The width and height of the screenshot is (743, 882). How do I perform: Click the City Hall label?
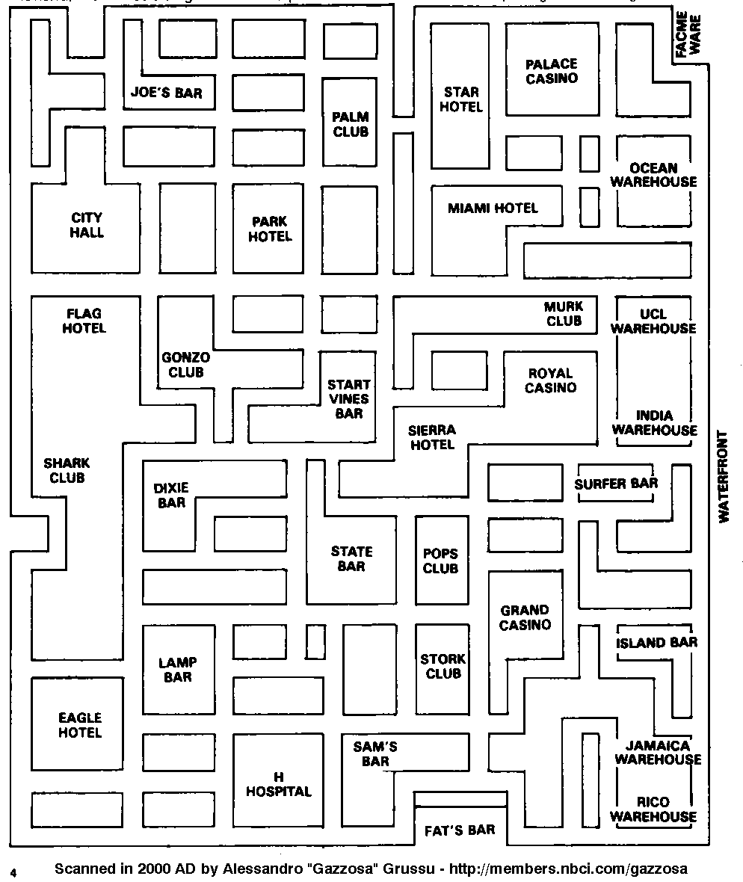(x=87, y=225)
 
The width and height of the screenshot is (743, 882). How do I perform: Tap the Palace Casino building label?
(x=552, y=72)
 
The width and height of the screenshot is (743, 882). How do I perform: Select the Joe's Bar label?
(x=166, y=93)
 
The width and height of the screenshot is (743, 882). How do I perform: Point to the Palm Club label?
(x=351, y=124)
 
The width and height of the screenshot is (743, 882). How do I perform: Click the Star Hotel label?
(x=461, y=99)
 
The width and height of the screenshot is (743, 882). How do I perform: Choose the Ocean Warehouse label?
(x=653, y=175)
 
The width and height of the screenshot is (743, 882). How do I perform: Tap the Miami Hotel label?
(x=493, y=208)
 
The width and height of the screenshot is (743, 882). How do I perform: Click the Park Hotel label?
(x=270, y=229)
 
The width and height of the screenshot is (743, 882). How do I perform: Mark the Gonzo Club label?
(x=185, y=365)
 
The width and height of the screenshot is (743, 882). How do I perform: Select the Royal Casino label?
(x=550, y=380)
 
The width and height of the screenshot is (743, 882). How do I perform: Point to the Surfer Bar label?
(x=616, y=484)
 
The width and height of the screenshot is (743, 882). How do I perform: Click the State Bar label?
(x=351, y=559)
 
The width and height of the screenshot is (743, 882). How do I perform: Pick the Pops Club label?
(x=441, y=561)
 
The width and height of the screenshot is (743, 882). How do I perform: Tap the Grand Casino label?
(x=525, y=617)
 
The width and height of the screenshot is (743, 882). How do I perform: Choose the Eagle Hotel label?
(x=80, y=726)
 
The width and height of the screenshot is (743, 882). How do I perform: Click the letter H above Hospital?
(x=279, y=777)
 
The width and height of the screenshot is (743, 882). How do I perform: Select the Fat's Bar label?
(x=460, y=830)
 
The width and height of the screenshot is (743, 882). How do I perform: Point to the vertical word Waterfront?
(x=723, y=476)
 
